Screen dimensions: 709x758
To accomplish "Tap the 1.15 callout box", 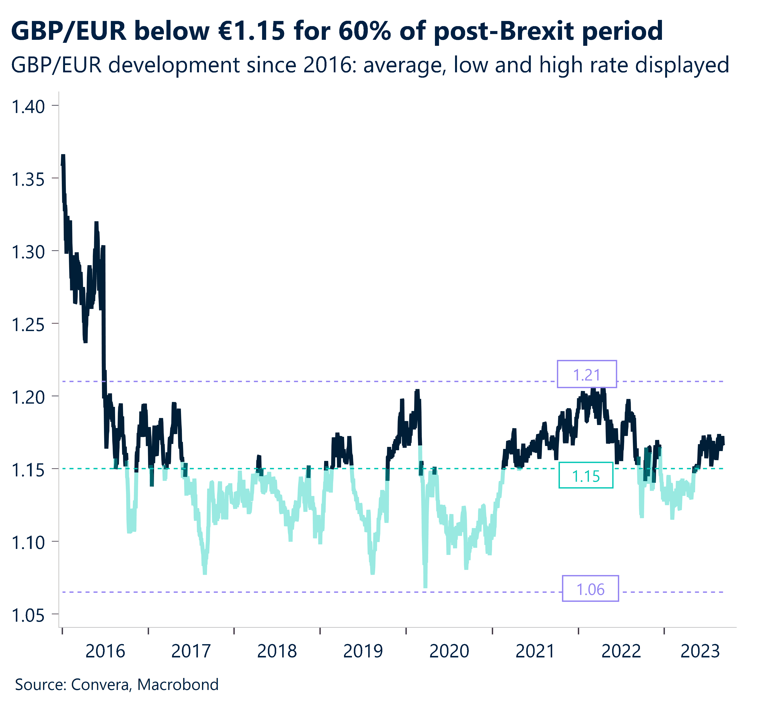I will pyautogui.click(x=586, y=476).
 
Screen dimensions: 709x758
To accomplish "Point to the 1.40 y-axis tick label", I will pyautogui.click(x=29, y=107).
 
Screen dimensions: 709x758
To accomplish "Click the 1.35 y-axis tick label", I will pyautogui.click(x=29, y=180).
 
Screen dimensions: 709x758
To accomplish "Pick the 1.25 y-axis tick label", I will pyautogui.click(x=29, y=325).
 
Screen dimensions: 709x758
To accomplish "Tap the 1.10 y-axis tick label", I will pyautogui.click(x=29, y=543).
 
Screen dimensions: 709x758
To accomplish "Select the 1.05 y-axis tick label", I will pyautogui.click(x=29, y=615).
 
